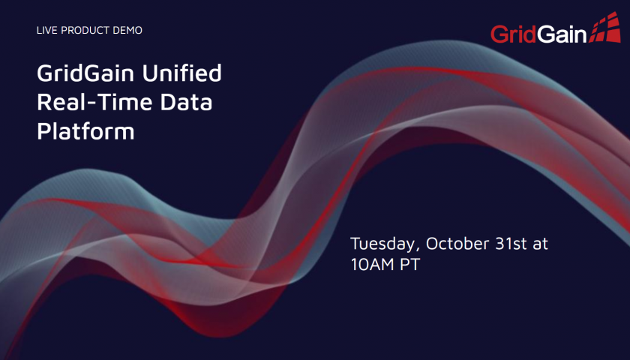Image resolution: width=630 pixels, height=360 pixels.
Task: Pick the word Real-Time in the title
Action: pyautogui.click(x=94, y=102)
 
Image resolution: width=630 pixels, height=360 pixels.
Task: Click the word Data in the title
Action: pyautogui.click(x=186, y=102)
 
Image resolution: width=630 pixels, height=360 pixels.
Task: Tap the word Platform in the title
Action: pyautogui.click(x=85, y=130)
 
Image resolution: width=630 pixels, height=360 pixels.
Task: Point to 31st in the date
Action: pyautogui.click(x=511, y=244)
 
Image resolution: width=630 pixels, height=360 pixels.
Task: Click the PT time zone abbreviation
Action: pyautogui.click(x=409, y=264)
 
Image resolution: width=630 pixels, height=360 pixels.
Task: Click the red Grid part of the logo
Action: pyautogui.click(x=514, y=34)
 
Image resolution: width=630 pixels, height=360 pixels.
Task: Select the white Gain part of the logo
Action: pyautogui.click(x=562, y=34)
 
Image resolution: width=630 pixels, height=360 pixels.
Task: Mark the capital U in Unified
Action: pyautogui.click(x=149, y=73)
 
